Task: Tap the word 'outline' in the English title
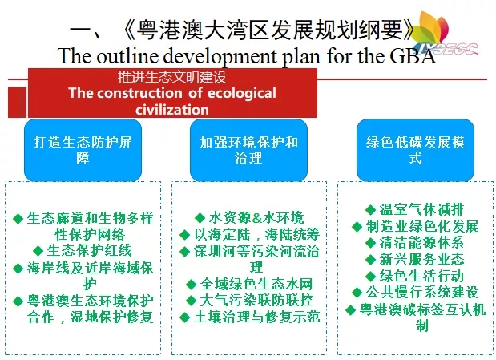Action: coord(127,56)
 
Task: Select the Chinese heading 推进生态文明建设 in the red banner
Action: coord(172,77)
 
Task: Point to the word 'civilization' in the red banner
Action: coord(172,110)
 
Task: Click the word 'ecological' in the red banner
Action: coord(242,93)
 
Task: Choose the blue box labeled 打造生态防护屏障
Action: coord(83,150)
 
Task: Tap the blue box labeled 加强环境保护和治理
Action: coord(248,150)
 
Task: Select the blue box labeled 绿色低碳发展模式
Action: coord(415,150)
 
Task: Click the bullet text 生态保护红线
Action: coord(90,250)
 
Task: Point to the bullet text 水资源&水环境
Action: coord(256,218)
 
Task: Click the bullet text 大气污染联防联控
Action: coord(256,301)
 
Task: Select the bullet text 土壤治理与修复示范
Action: coord(257,317)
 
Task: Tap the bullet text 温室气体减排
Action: coord(421,209)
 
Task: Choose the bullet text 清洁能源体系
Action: coord(421,242)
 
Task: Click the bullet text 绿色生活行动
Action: coord(421,276)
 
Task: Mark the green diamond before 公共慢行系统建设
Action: coord(357,292)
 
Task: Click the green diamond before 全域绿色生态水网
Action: coord(191,285)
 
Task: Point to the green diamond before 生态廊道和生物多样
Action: coord(18,218)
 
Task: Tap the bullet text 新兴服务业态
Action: coord(421,259)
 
